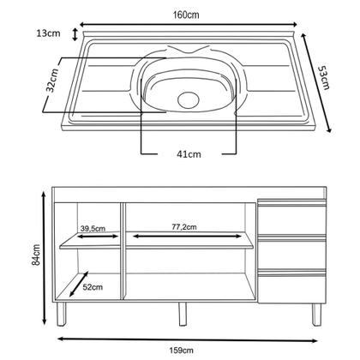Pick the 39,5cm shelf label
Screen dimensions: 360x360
(93, 228)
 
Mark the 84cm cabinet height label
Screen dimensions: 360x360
(33, 255)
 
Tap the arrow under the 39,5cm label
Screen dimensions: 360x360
(92, 237)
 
